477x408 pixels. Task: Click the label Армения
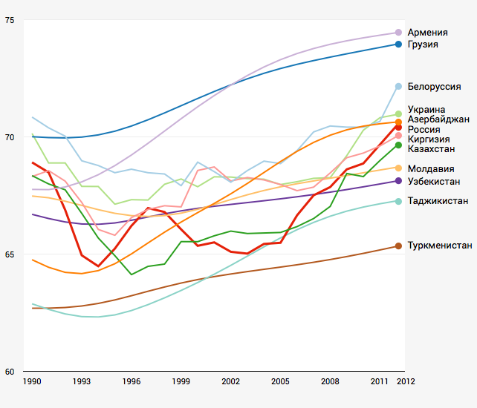coord(427,33)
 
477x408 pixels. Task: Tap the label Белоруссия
coord(434,87)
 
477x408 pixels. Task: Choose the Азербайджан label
coord(438,119)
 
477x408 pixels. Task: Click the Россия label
coord(424,129)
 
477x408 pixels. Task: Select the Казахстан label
coord(432,148)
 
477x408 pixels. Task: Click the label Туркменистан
coord(440,246)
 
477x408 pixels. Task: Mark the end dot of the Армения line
coord(399,33)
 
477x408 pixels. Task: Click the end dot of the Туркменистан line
coord(399,246)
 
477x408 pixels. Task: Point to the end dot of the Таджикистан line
coord(399,201)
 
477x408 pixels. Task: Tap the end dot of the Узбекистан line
coord(399,181)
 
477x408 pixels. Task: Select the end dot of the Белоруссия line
coord(399,87)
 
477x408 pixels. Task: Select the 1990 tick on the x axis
coord(32,381)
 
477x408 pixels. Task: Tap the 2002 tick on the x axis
coord(230,381)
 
